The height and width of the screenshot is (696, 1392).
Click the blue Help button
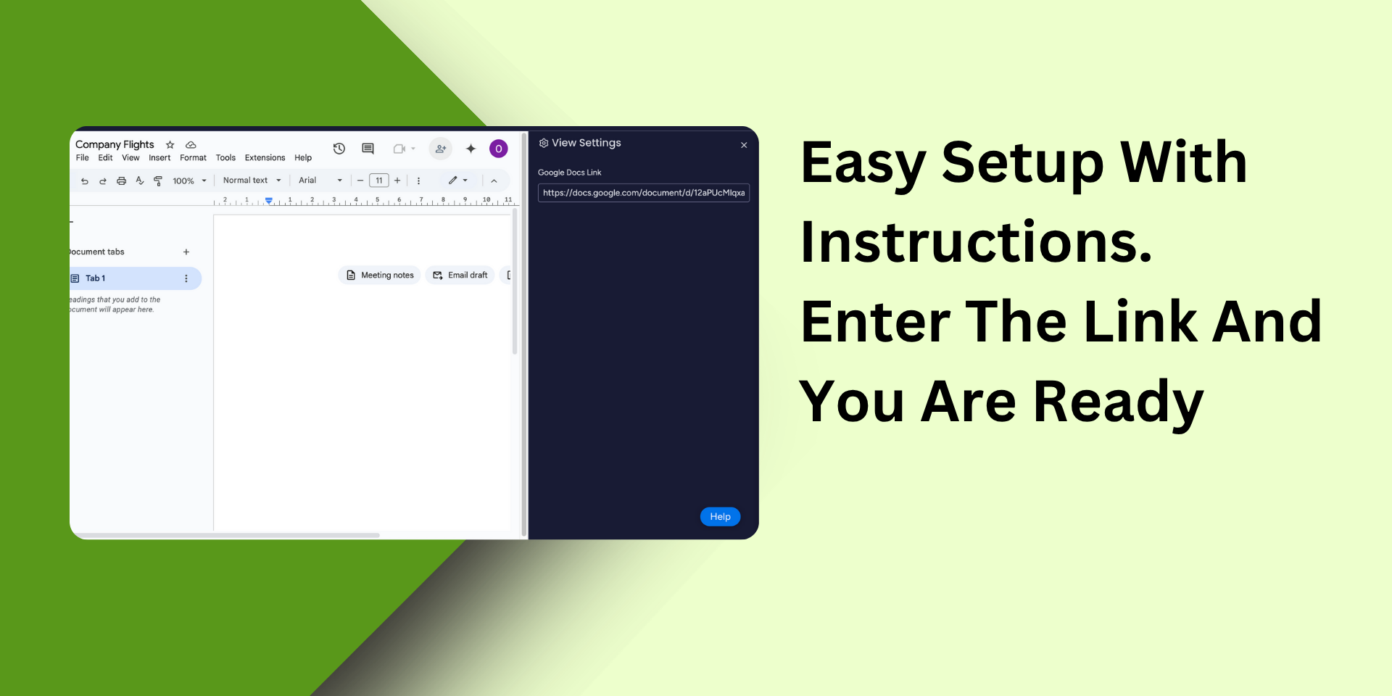click(x=720, y=516)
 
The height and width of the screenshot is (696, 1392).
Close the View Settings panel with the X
click(x=744, y=145)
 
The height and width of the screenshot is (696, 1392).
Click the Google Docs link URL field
click(x=643, y=193)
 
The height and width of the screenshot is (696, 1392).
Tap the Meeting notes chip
click(x=379, y=275)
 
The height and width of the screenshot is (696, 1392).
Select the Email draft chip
click(x=460, y=275)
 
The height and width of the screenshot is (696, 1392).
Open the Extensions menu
click(x=265, y=158)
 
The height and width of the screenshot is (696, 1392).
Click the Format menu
click(x=193, y=158)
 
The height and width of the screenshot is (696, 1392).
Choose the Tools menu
click(x=225, y=158)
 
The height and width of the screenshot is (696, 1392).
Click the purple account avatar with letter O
click(x=499, y=149)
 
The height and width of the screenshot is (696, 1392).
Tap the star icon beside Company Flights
click(x=170, y=145)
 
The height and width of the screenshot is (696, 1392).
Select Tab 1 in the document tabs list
click(x=135, y=278)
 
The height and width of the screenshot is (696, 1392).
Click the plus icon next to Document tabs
click(x=186, y=252)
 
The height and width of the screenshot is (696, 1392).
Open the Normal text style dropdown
click(x=252, y=181)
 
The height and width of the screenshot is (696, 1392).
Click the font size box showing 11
click(x=379, y=181)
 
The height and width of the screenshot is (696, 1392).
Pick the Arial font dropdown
click(x=320, y=181)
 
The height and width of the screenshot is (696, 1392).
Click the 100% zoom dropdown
click(x=189, y=181)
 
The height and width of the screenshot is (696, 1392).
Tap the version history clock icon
click(x=339, y=149)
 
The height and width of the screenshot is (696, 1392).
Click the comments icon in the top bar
click(x=368, y=149)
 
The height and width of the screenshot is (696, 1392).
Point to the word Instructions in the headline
click(x=977, y=242)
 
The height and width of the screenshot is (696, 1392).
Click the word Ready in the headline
click(x=1119, y=402)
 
